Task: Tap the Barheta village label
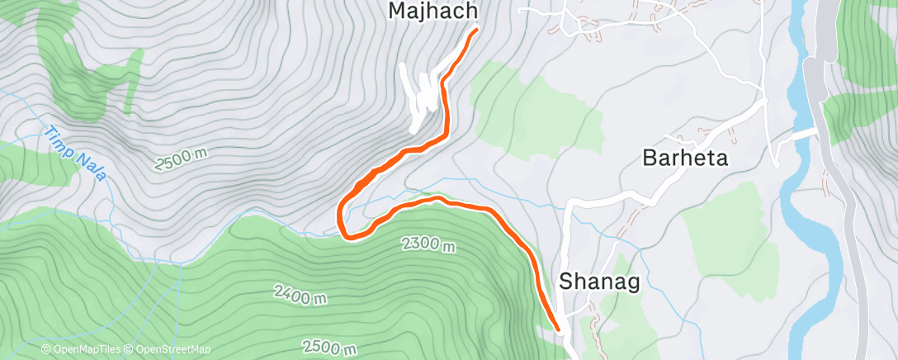tap(685, 159)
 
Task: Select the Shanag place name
tap(600, 282)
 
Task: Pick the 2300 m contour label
tap(428, 244)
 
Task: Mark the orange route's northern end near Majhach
tap(476, 31)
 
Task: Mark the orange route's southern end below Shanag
tap(558, 328)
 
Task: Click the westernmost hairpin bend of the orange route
tap(341, 216)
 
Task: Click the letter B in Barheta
tap(650, 159)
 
